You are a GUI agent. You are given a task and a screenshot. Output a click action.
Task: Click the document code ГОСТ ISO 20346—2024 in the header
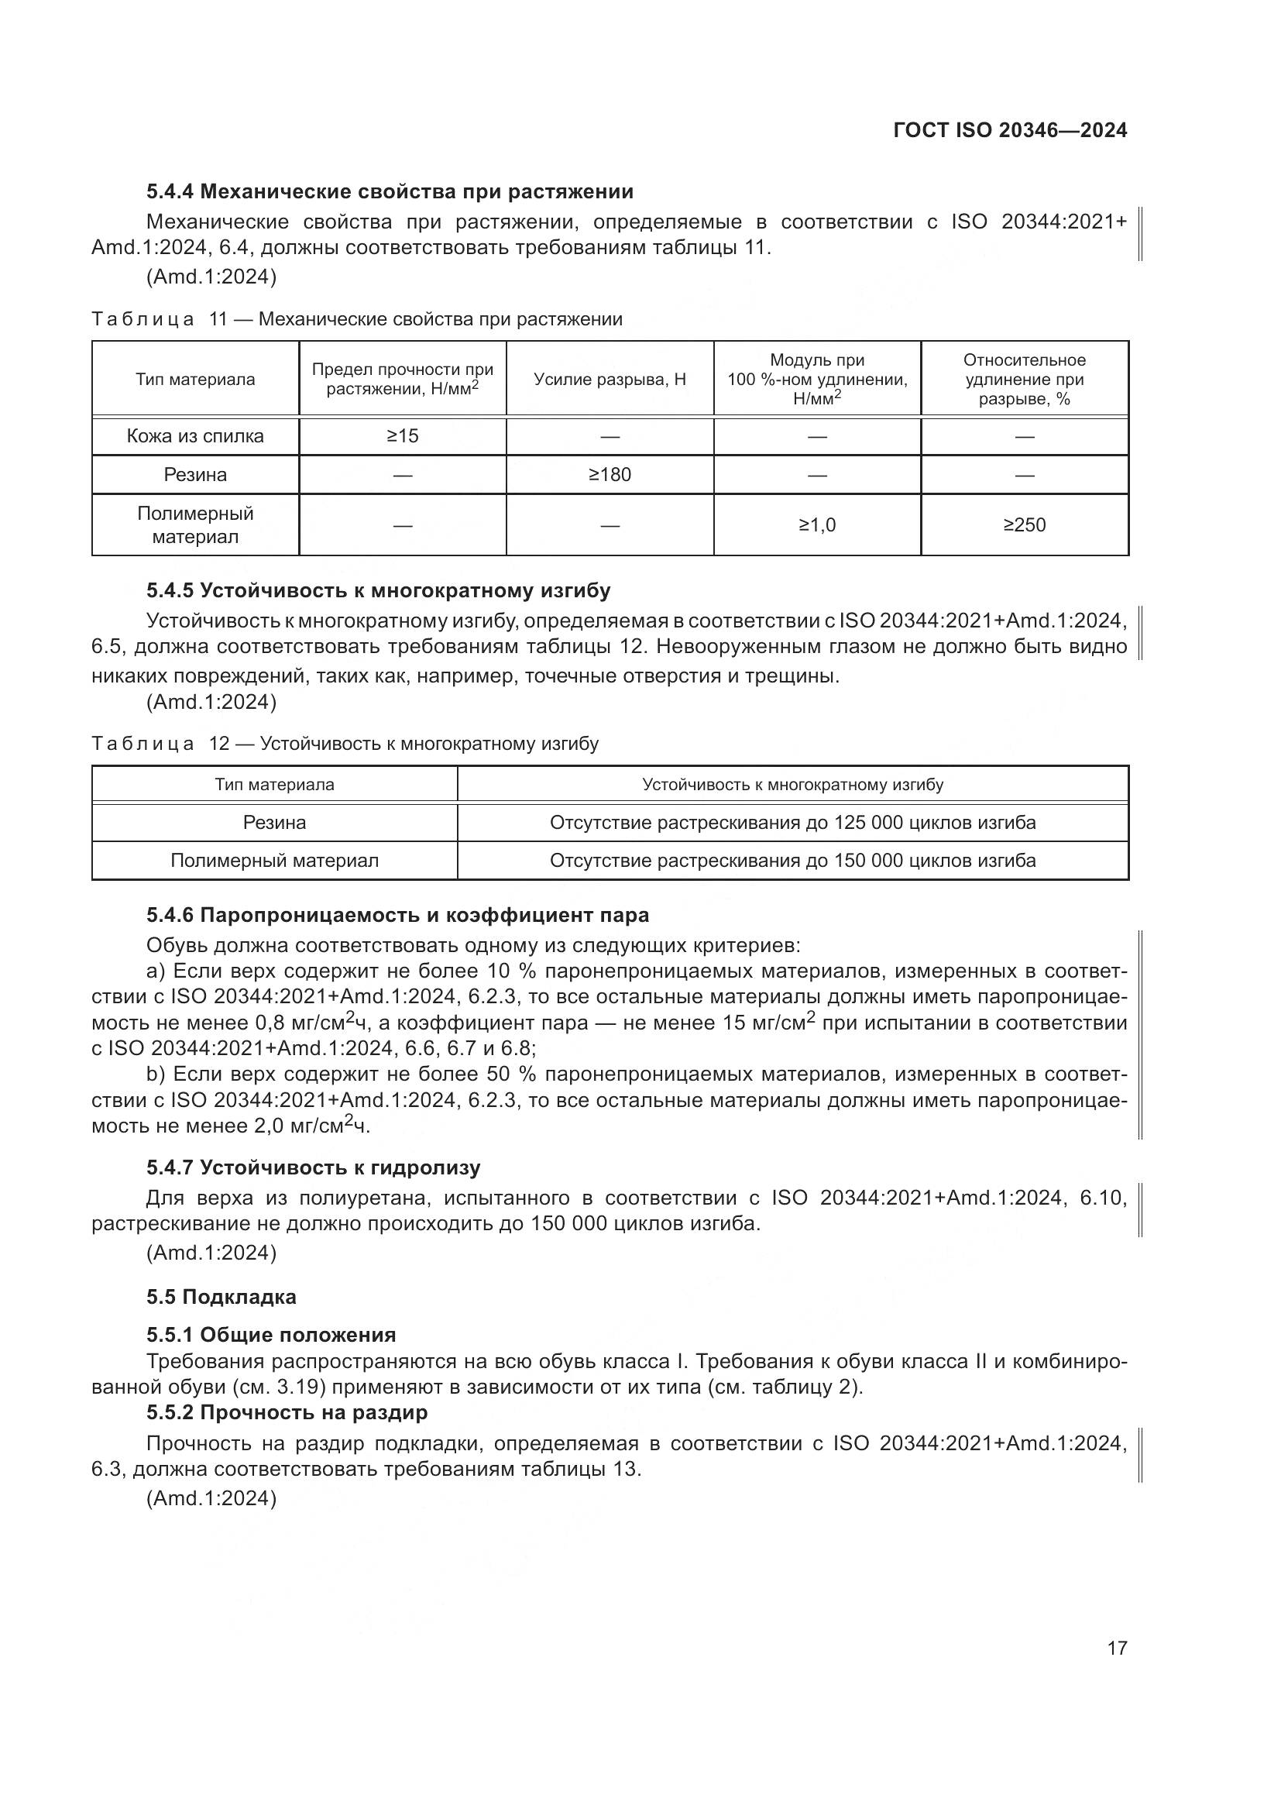coord(1010,130)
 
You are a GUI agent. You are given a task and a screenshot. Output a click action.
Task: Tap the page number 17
coord(1117,1647)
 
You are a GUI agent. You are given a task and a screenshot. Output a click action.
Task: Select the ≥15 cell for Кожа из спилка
coord(402,435)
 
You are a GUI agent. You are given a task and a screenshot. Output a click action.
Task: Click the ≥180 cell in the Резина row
coord(610,474)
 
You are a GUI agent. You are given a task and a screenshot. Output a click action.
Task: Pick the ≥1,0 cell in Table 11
coord(816,524)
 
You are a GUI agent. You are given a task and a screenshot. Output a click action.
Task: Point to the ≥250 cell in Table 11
coord(1024,524)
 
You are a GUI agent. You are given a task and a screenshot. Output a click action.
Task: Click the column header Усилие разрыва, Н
coord(610,379)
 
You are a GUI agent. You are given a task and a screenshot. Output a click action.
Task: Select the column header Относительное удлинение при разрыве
coord(1024,379)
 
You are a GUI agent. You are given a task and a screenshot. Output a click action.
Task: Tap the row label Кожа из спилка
coord(195,435)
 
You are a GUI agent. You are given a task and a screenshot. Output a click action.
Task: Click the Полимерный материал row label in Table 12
coord(274,860)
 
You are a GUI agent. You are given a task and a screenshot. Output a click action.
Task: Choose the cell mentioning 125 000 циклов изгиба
coord(792,823)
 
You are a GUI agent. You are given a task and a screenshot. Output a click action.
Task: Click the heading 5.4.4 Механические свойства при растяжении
coord(390,192)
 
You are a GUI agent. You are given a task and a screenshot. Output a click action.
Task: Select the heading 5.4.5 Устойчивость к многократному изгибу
coord(378,590)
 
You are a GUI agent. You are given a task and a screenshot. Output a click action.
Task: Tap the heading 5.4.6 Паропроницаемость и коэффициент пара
coord(397,915)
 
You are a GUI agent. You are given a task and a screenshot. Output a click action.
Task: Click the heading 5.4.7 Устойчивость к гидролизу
coord(313,1167)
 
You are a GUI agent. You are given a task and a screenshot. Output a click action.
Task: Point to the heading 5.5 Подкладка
coord(221,1297)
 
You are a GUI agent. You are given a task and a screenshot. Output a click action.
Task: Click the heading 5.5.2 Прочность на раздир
coord(287,1412)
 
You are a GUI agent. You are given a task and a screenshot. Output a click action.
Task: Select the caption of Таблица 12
coord(345,744)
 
